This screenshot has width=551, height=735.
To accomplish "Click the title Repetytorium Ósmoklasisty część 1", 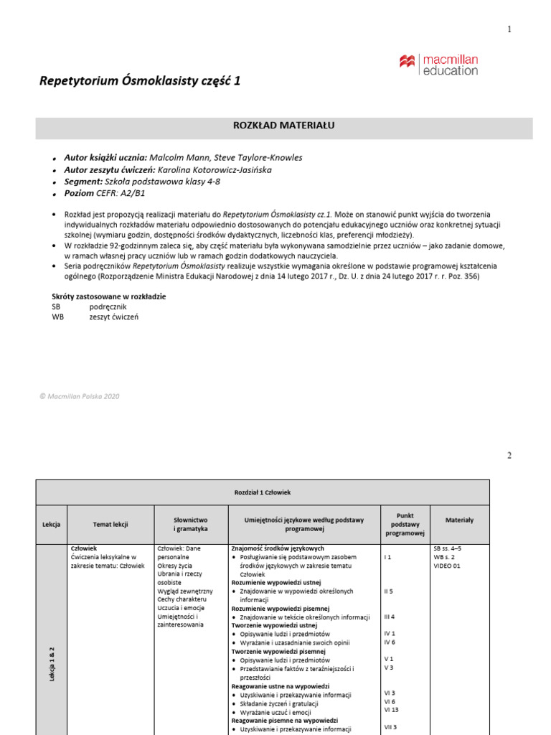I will (140, 81).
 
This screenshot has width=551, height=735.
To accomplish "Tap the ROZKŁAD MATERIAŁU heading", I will (284, 126).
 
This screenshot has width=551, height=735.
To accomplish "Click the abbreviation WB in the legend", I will (58, 317).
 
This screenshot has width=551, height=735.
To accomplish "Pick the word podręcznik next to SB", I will (108, 306).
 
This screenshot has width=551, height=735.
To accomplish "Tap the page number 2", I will (509, 456).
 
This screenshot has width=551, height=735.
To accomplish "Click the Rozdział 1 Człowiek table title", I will (263, 492).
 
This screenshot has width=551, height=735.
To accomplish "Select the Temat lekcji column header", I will (110, 525).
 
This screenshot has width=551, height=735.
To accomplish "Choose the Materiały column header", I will (459, 519).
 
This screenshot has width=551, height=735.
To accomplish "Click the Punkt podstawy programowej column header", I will (405, 525).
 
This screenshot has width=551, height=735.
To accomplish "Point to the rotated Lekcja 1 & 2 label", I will (52, 664).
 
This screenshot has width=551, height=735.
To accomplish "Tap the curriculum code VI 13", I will (392, 710).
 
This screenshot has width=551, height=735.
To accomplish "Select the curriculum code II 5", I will (389, 591).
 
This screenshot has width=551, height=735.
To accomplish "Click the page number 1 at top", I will (509, 29).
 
